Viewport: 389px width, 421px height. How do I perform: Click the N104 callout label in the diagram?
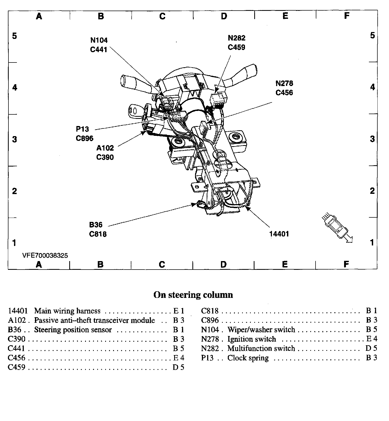click(x=99, y=40)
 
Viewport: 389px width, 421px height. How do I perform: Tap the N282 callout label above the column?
click(x=237, y=38)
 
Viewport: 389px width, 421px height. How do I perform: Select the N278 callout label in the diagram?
click(x=284, y=83)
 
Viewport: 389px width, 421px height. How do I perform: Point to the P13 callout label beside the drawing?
click(x=82, y=129)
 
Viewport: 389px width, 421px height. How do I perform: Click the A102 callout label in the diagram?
click(x=105, y=148)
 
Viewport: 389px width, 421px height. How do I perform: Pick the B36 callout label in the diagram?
click(x=96, y=225)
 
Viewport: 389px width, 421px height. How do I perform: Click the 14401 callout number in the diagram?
click(x=279, y=234)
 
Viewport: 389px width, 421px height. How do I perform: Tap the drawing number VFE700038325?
click(x=45, y=256)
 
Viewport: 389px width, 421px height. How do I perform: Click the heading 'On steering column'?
click(x=193, y=295)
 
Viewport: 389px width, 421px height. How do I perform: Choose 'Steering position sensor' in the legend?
click(x=73, y=330)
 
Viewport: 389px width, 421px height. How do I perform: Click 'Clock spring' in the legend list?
click(x=248, y=358)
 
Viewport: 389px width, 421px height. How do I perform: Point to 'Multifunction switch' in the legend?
click(x=261, y=348)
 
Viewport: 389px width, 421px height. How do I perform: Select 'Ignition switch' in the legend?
click(x=252, y=339)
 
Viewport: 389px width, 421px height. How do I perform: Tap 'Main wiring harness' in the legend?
click(x=67, y=311)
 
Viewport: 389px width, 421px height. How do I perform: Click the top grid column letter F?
click(x=346, y=16)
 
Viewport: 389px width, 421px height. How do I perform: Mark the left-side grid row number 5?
click(x=15, y=35)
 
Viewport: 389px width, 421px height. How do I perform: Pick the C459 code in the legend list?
click(x=17, y=367)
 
